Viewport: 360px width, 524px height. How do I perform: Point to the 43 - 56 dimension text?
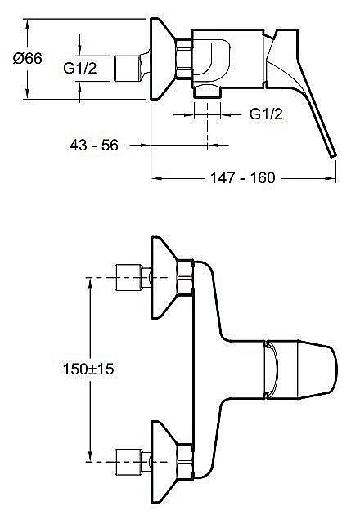coord(95,146)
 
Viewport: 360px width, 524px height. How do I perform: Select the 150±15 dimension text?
coord(88,369)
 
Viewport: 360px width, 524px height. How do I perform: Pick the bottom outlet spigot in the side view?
coord(209,92)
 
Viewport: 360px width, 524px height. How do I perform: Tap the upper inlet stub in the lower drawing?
coord(129,279)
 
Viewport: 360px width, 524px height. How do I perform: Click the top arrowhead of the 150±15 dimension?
coord(88,284)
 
